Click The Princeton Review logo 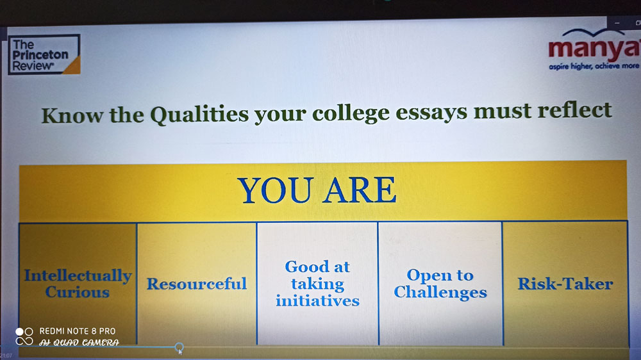click(x=44, y=54)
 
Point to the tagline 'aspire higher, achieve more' click(x=594, y=66)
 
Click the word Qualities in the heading click(x=199, y=115)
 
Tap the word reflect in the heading click(x=574, y=110)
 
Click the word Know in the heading click(x=72, y=115)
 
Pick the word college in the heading click(x=351, y=113)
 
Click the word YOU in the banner click(x=276, y=190)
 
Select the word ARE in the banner click(x=360, y=190)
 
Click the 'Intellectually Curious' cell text click(x=78, y=284)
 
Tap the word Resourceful click(x=197, y=284)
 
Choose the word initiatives click(x=318, y=301)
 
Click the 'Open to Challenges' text click(x=440, y=284)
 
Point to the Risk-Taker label click(x=565, y=284)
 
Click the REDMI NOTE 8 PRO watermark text click(x=78, y=331)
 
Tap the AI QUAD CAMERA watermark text click(x=79, y=343)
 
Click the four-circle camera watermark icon click(x=24, y=336)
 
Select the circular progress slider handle click(x=179, y=347)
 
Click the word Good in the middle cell click(x=302, y=267)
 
